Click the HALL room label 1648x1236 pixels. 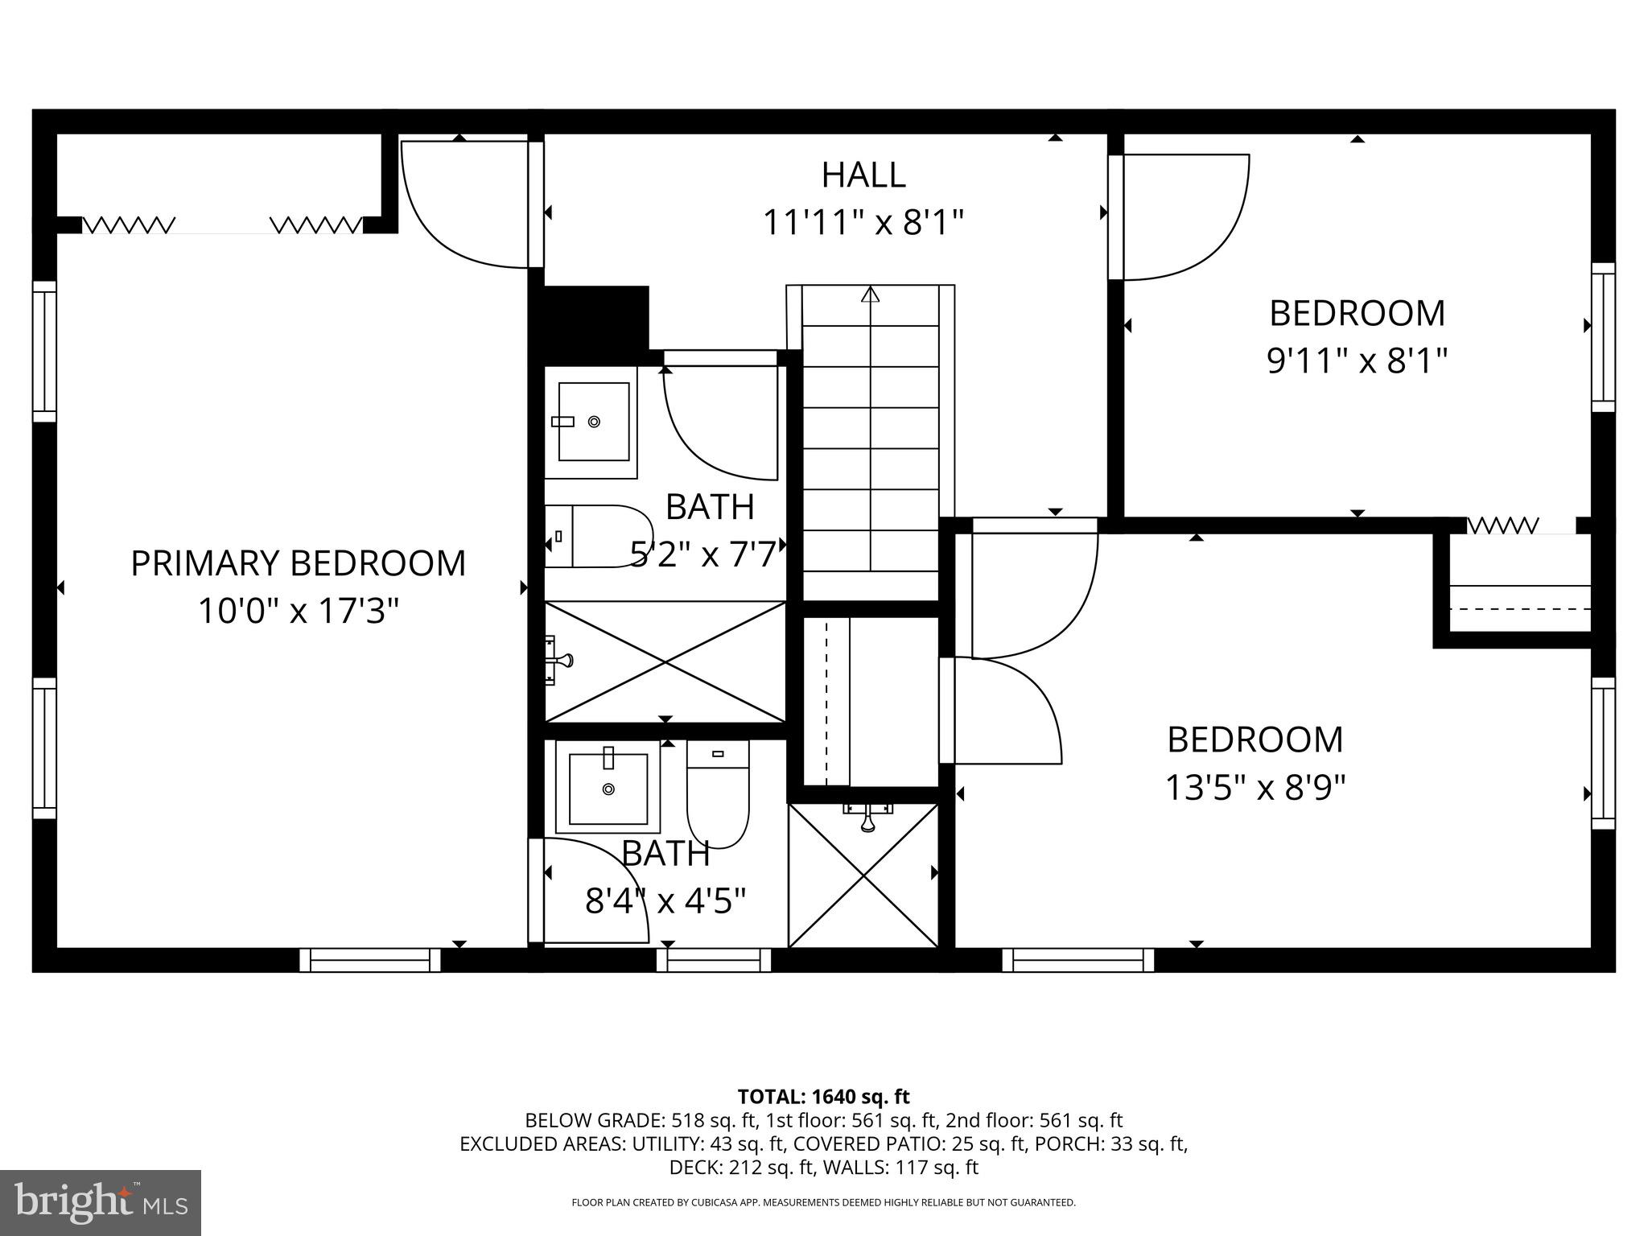click(863, 175)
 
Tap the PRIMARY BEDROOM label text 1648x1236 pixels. click(298, 563)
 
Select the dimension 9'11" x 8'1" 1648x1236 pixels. click(1357, 360)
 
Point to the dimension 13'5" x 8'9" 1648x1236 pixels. click(1255, 788)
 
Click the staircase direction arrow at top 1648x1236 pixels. click(870, 295)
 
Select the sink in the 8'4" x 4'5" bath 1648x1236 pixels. click(608, 789)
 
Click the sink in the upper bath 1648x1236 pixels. click(593, 422)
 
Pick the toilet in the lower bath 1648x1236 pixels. click(718, 795)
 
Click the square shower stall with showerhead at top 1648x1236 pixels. click(863, 875)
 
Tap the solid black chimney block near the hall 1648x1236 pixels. click(595, 317)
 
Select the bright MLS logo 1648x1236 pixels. click(101, 1202)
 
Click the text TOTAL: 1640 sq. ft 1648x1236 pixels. click(823, 1097)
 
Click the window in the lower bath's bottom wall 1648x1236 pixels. click(714, 960)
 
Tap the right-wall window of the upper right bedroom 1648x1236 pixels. click(1603, 337)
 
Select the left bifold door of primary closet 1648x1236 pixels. click(129, 225)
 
